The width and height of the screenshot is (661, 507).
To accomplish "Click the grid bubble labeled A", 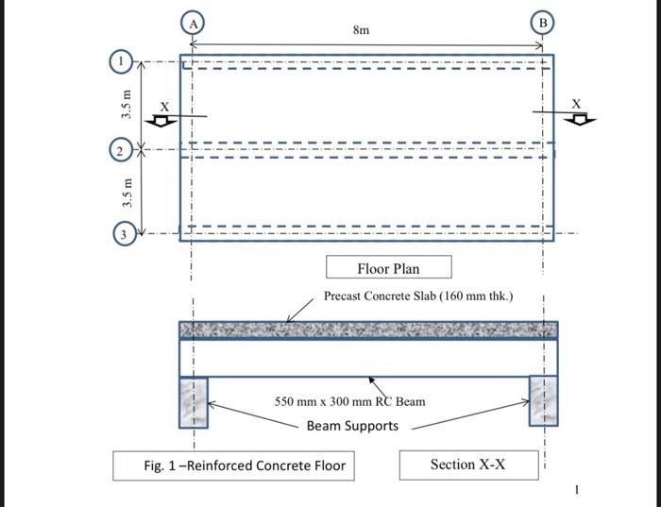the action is click(x=193, y=23).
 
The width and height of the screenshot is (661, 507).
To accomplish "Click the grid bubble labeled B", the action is click(x=543, y=23).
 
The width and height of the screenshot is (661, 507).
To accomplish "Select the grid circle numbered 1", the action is click(x=122, y=61).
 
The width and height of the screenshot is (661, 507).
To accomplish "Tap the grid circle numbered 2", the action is click(x=121, y=150).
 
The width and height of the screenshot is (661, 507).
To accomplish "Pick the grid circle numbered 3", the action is click(x=125, y=233).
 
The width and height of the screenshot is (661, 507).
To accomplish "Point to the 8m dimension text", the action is click(x=362, y=30).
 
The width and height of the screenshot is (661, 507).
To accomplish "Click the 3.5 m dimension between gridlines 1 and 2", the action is click(x=127, y=105).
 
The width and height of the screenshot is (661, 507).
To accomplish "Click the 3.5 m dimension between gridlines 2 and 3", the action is click(x=127, y=193).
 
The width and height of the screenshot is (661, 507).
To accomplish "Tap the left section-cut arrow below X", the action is click(x=161, y=122).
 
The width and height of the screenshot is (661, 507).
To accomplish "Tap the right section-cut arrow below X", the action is click(x=580, y=120).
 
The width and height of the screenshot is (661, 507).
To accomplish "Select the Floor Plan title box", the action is click(x=389, y=267).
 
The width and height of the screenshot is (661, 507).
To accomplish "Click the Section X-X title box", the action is click(x=468, y=465).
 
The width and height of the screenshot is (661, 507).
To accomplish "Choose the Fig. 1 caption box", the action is click(x=233, y=465).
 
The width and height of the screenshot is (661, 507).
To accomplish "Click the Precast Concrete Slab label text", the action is click(x=418, y=296).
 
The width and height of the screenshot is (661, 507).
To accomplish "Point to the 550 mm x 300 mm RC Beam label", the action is click(x=350, y=401).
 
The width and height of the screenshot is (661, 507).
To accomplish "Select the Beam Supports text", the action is click(x=352, y=426).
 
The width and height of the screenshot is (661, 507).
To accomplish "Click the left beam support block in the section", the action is click(x=194, y=403).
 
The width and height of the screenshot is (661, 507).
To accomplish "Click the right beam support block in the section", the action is click(x=543, y=401).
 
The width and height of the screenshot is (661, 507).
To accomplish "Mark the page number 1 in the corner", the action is click(x=577, y=490).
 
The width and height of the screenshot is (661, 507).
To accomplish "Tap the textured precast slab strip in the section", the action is click(x=368, y=330).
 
